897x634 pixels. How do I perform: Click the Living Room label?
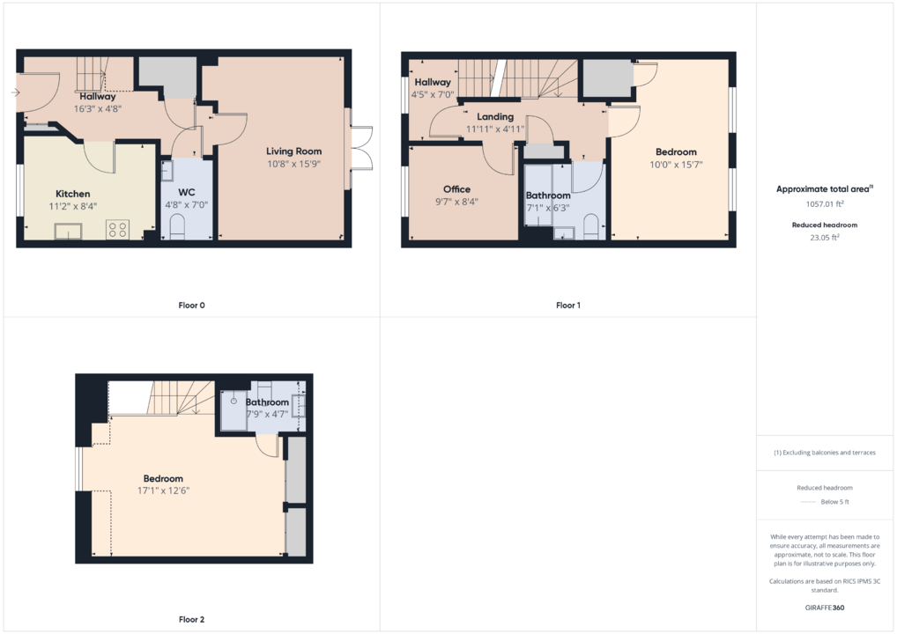[293, 151]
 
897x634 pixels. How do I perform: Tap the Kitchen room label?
[72, 194]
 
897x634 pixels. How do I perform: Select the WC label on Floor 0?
[187, 192]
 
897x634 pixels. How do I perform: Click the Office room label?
[456, 189]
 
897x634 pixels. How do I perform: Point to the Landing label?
[495, 116]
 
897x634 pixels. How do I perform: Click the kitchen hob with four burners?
[117, 230]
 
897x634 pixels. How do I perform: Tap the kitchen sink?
[68, 231]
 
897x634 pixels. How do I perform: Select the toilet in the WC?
[177, 226]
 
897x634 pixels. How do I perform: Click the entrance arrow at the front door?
[15, 92]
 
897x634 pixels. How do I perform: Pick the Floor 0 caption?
[191, 306]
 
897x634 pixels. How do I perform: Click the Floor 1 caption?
[568, 306]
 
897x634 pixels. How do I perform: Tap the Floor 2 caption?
[191, 619]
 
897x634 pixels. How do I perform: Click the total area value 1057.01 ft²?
[825, 203]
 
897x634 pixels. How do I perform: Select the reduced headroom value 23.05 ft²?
[825, 237]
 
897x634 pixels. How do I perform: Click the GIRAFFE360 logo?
[825, 608]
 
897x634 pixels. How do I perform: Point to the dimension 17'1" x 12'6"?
[163, 490]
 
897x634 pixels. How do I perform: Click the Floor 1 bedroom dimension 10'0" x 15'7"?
[676, 165]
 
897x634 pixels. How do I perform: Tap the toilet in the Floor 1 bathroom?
[590, 226]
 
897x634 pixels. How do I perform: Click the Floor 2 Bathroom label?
[267, 402]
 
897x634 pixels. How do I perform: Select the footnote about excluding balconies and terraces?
[825, 453]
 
